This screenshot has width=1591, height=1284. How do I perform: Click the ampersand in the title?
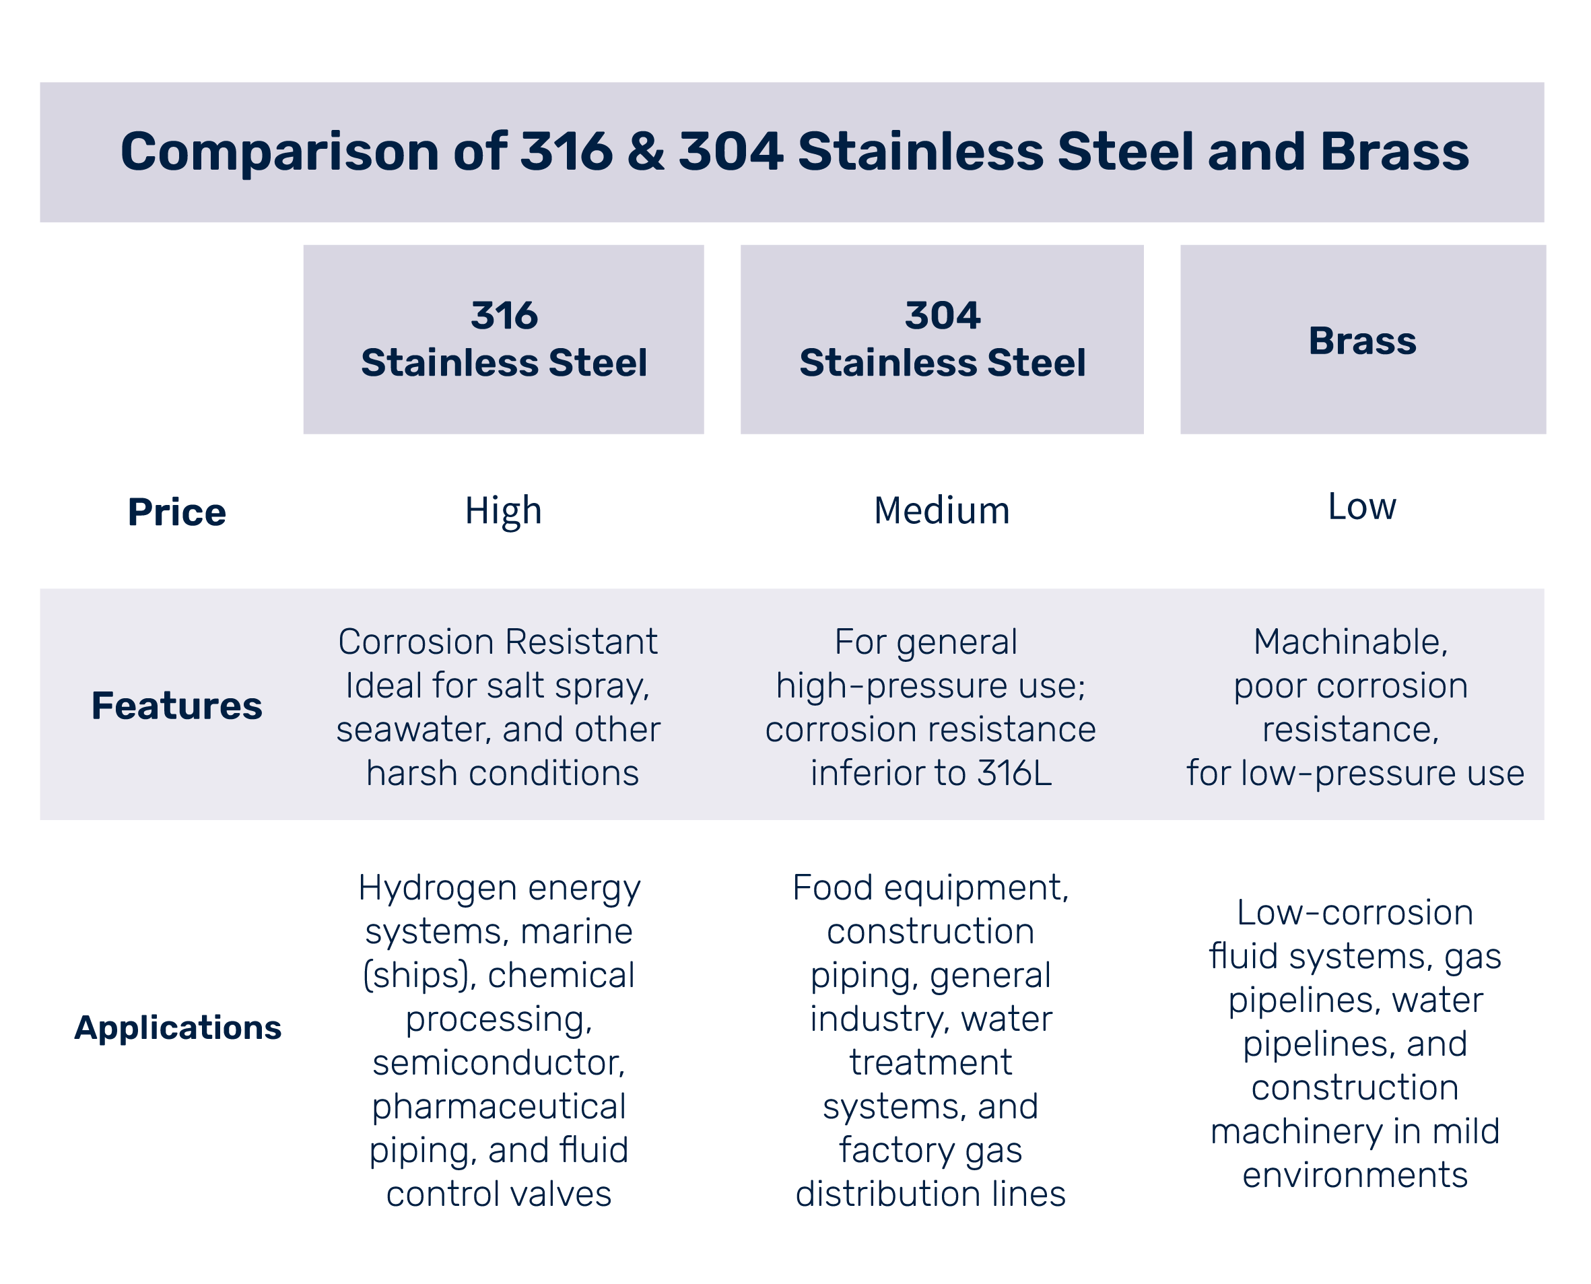[x=646, y=151]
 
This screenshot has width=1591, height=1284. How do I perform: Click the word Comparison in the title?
[x=279, y=151]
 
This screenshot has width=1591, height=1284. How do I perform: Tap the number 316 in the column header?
[x=504, y=316]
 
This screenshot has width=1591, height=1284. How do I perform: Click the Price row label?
[x=177, y=512]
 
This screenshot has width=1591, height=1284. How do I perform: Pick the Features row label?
[x=177, y=705]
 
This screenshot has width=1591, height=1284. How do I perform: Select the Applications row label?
[x=178, y=1027]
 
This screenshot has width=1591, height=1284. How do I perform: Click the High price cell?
[x=503, y=511]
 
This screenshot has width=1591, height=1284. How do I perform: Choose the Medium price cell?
[x=941, y=510]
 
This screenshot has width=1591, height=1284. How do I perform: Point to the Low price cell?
[x=1361, y=506]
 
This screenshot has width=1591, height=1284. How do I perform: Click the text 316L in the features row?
[x=1013, y=774]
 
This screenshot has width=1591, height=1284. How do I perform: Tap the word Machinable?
[x=1350, y=641]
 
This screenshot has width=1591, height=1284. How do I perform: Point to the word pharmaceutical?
[x=498, y=1106]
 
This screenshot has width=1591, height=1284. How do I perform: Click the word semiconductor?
[x=498, y=1063]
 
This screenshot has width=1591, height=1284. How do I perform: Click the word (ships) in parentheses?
[x=419, y=976]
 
